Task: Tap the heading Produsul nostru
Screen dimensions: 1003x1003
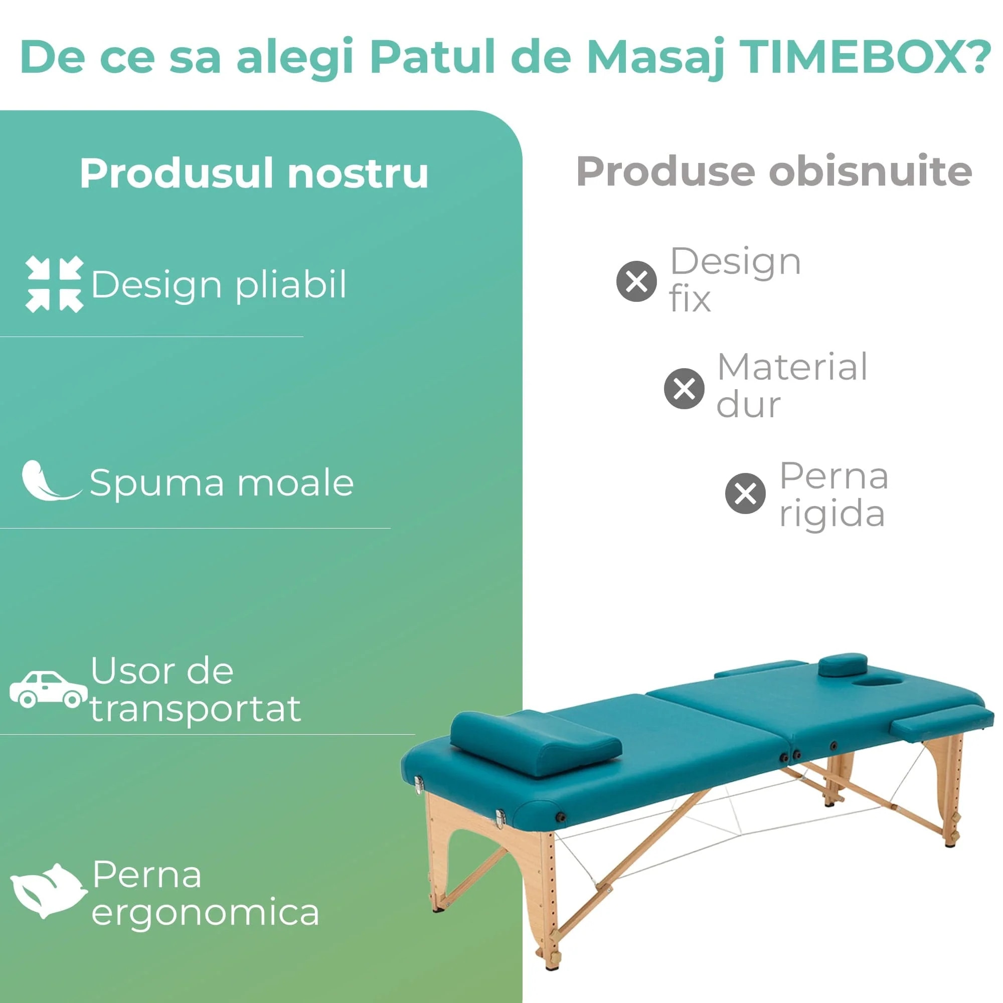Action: [x=254, y=174]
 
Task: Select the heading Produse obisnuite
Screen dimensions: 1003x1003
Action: [x=774, y=172]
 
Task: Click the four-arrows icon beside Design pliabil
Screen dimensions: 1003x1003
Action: [x=54, y=284]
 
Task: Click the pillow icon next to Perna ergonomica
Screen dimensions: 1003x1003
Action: [x=48, y=891]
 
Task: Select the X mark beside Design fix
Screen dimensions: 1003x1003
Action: [x=636, y=281]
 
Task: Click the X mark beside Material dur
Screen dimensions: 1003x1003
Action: [x=684, y=388]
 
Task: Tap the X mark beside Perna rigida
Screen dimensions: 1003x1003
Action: [x=745, y=493]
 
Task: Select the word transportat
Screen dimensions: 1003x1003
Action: [x=196, y=709]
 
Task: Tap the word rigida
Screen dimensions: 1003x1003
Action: [x=832, y=515]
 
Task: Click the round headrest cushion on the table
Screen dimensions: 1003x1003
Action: [x=843, y=665]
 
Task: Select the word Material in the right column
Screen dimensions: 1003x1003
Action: [x=792, y=367]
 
